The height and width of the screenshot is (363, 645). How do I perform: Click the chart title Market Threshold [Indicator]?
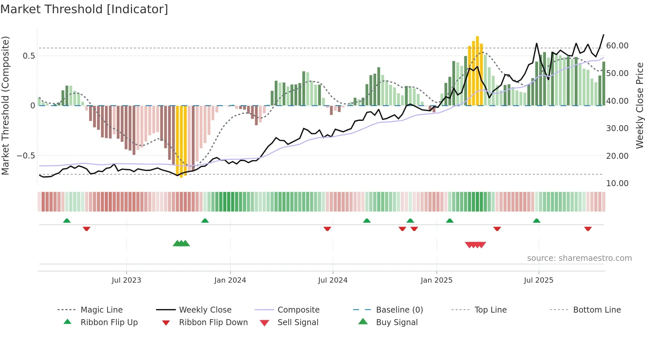point(84,9)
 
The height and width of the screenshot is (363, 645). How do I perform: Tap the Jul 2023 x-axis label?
point(126,280)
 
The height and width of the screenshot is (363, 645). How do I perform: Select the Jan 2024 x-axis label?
point(230,280)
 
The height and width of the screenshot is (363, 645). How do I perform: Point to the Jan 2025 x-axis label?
point(436,280)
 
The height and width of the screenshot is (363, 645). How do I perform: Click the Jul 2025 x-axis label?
point(538,280)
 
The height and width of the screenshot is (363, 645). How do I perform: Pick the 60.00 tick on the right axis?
point(617,46)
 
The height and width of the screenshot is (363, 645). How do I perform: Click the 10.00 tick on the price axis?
point(617,183)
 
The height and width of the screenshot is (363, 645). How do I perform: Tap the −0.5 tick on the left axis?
point(26,156)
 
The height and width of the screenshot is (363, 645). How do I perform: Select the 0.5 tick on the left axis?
point(29,56)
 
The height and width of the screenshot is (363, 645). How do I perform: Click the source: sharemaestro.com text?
point(579,258)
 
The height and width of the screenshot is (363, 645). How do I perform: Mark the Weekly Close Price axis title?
point(639,105)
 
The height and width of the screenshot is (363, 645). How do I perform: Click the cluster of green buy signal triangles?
point(181,244)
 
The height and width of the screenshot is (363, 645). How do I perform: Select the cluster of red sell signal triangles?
point(475,245)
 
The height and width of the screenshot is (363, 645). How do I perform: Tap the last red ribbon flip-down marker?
point(588,229)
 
